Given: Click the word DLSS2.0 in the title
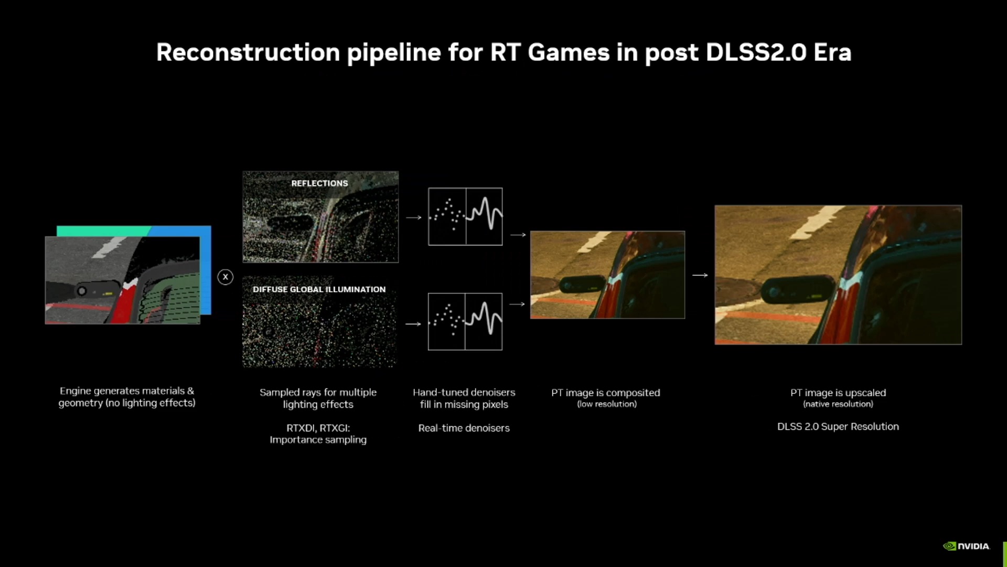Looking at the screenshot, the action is [x=756, y=52].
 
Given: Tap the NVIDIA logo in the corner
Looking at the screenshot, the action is [x=966, y=546].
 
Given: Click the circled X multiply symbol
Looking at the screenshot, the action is [x=226, y=277].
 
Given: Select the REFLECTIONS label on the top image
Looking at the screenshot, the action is [x=319, y=183].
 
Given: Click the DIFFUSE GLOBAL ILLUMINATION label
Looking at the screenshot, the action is [x=319, y=289].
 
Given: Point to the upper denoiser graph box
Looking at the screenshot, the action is [x=465, y=216].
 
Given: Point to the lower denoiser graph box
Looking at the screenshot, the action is [x=465, y=321].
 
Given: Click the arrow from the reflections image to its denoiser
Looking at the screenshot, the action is [x=414, y=217].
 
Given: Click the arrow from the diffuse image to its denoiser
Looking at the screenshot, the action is [x=413, y=324].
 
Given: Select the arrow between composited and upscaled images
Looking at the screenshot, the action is [x=700, y=275].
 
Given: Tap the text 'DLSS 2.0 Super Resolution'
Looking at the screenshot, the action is [x=838, y=427].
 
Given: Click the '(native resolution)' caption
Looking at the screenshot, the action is [x=838, y=404].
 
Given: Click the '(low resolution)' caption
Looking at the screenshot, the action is [x=607, y=404].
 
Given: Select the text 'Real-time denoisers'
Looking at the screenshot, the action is [x=464, y=428].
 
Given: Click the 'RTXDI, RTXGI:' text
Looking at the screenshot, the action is [x=318, y=428].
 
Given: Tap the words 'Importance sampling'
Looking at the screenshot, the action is [x=318, y=440].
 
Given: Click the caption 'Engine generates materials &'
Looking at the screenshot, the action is [x=127, y=391].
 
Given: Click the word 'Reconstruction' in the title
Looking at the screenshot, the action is [x=249, y=52].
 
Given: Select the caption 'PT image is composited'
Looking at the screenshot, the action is [x=606, y=393].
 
